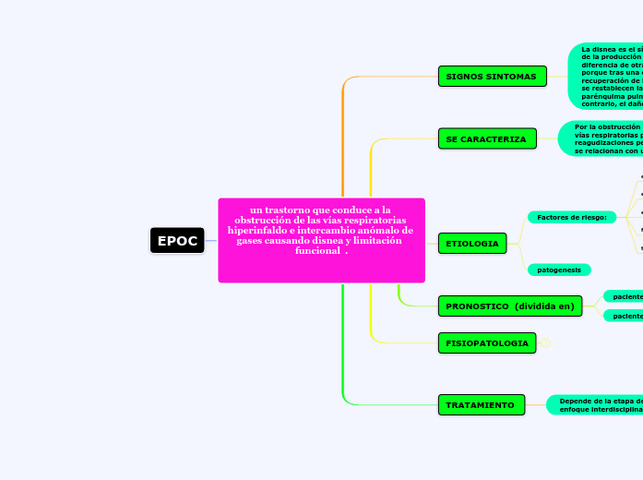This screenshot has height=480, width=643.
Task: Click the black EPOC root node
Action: coord(177,241)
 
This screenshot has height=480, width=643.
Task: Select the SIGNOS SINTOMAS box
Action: coord(491,76)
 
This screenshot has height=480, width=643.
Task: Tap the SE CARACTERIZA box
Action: coord(486,139)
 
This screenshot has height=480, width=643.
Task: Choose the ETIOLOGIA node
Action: coord(472,244)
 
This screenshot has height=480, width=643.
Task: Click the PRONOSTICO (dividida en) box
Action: coord(509,306)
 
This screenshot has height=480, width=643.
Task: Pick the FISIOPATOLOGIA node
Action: coord(487,343)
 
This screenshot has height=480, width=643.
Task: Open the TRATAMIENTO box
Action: coord(481,405)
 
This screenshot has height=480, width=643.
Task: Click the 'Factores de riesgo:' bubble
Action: coord(571,217)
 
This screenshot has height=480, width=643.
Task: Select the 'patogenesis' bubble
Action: coord(559,270)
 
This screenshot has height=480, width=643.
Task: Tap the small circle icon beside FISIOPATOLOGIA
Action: coord(546,343)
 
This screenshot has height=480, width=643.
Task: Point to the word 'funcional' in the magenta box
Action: coord(317,251)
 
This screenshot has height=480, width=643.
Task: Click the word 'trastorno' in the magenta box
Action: coord(292,210)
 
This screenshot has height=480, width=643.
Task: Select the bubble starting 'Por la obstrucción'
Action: coord(601,138)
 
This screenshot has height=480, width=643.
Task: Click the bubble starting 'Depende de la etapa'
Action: coord(595,405)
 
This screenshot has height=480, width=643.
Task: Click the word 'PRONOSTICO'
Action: coord(479,306)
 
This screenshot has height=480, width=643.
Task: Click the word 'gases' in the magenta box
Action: coord(251,241)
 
